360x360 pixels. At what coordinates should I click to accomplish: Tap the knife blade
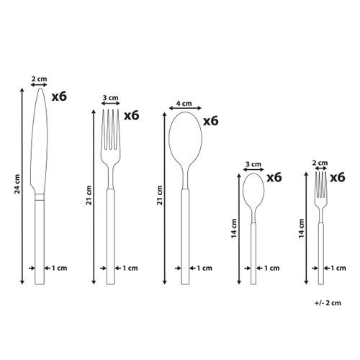point(40,137)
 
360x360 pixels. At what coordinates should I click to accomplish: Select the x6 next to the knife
point(59,95)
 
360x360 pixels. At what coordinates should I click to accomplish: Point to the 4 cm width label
point(184,103)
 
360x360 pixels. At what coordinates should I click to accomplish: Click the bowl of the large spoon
point(183,140)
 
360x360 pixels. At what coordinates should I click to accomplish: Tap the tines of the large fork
point(110,126)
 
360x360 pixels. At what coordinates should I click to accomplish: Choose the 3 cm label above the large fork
point(110,97)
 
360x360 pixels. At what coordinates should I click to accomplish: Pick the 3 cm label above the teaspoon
point(252,163)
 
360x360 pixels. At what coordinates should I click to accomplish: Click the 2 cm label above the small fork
point(322,163)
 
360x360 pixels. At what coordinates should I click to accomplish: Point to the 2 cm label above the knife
point(40,78)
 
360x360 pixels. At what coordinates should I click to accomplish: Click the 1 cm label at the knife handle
point(60,269)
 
